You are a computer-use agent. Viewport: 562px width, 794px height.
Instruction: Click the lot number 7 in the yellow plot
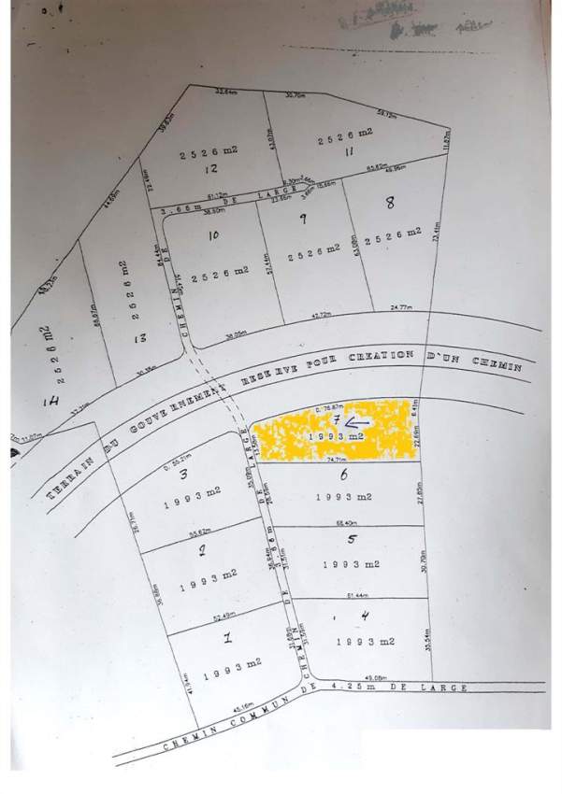point(336,419)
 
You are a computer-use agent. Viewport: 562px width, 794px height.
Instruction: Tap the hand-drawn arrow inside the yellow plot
point(364,423)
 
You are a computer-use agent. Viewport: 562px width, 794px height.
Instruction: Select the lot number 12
point(211,169)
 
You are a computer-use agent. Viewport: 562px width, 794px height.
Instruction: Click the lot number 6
point(344,475)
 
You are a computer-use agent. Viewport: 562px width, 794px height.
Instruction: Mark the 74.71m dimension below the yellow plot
point(334,460)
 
